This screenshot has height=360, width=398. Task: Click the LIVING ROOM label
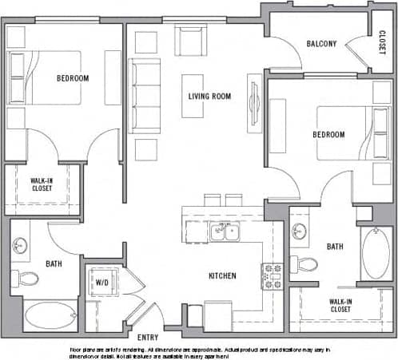[x=209, y=97]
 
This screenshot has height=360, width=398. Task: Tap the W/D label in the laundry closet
[x=102, y=282]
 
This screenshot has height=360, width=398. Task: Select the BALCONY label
[x=321, y=44]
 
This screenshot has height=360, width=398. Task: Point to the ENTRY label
[x=148, y=338]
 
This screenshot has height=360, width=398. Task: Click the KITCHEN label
[x=222, y=276]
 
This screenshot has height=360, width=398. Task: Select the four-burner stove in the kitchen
[x=273, y=275]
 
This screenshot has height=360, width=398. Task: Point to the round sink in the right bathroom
[x=300, y=231]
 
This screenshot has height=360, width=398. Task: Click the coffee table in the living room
[x=193, y=96]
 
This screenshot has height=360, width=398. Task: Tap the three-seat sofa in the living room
[x=145, y=95]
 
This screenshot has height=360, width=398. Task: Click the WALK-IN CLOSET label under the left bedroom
[x=42, y=185]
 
